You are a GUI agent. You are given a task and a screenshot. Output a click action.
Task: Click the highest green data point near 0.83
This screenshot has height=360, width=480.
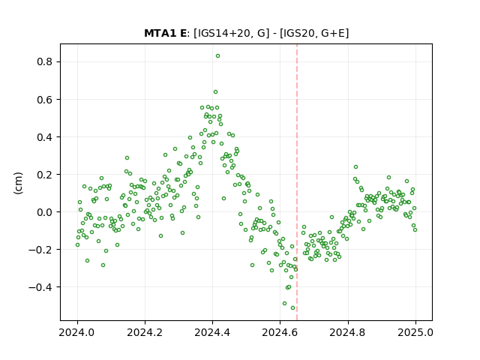click(217, 56)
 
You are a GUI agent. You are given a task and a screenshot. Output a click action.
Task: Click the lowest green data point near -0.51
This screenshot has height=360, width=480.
click(292, 308)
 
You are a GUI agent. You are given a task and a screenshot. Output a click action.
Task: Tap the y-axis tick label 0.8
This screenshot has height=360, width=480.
click(45, 61)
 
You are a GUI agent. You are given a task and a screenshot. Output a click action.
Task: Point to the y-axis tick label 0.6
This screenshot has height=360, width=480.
click(45, 100)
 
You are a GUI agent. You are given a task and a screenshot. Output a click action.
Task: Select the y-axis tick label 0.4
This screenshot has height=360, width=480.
click(45, 137)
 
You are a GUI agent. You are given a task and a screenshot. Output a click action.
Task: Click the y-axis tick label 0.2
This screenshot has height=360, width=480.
click(45, 175)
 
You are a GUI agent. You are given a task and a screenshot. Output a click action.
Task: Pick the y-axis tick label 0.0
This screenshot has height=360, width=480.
click(45, 212)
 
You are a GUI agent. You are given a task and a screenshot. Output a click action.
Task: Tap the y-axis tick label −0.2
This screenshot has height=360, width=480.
click(40, 250)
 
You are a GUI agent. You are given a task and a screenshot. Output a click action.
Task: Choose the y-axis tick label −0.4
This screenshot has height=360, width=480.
click(40, 287)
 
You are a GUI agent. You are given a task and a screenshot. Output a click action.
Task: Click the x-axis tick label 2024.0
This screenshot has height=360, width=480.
click(77, 332)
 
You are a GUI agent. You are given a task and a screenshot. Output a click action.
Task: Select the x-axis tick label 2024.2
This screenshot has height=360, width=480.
click(145, 332)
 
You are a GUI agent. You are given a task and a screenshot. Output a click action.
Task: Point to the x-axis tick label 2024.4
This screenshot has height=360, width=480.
click(212, 332)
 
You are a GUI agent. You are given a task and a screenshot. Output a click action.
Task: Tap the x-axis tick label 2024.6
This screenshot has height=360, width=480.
click(280, 332)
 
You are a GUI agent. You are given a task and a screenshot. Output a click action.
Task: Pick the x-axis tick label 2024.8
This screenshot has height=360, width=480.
click(348, 332)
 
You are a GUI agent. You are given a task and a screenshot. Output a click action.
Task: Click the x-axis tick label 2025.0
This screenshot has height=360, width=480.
click(415, 332)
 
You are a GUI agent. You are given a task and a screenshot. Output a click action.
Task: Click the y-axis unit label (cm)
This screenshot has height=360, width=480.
click(18, 183)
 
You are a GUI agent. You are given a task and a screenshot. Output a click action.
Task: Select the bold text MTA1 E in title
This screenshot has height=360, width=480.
click(165, 33)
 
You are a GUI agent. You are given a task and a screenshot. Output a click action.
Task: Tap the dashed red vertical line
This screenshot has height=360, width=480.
click(297, 182)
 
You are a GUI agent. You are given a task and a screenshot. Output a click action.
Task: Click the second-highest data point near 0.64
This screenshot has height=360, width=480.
click(215, 91)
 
